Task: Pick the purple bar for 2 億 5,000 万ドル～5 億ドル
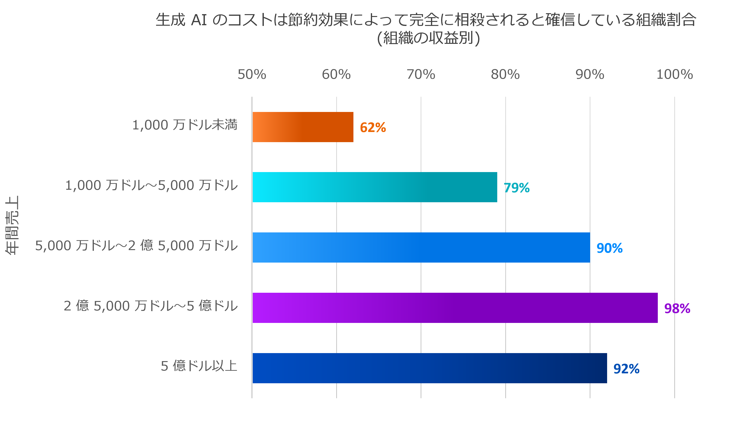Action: pos(455,308)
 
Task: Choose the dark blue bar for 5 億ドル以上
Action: pos(429,368)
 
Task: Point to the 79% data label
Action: pos(517,188)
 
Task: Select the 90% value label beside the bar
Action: pos(609,248)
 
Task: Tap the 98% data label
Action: pos(677,308)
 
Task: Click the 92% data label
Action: pos(626,369)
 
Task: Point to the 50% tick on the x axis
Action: pos(252,74)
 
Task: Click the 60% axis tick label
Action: pos(336,74)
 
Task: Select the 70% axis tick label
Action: pos(421,74)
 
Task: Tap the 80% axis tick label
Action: pos(505,74)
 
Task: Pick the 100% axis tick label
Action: pos(675,74)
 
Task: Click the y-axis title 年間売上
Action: pos(12,225)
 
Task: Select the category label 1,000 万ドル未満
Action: pos(185,125)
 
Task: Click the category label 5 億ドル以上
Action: pos(199,366)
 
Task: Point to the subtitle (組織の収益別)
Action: pos(429,38)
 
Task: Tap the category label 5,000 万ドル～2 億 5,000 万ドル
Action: pos(136,246)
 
